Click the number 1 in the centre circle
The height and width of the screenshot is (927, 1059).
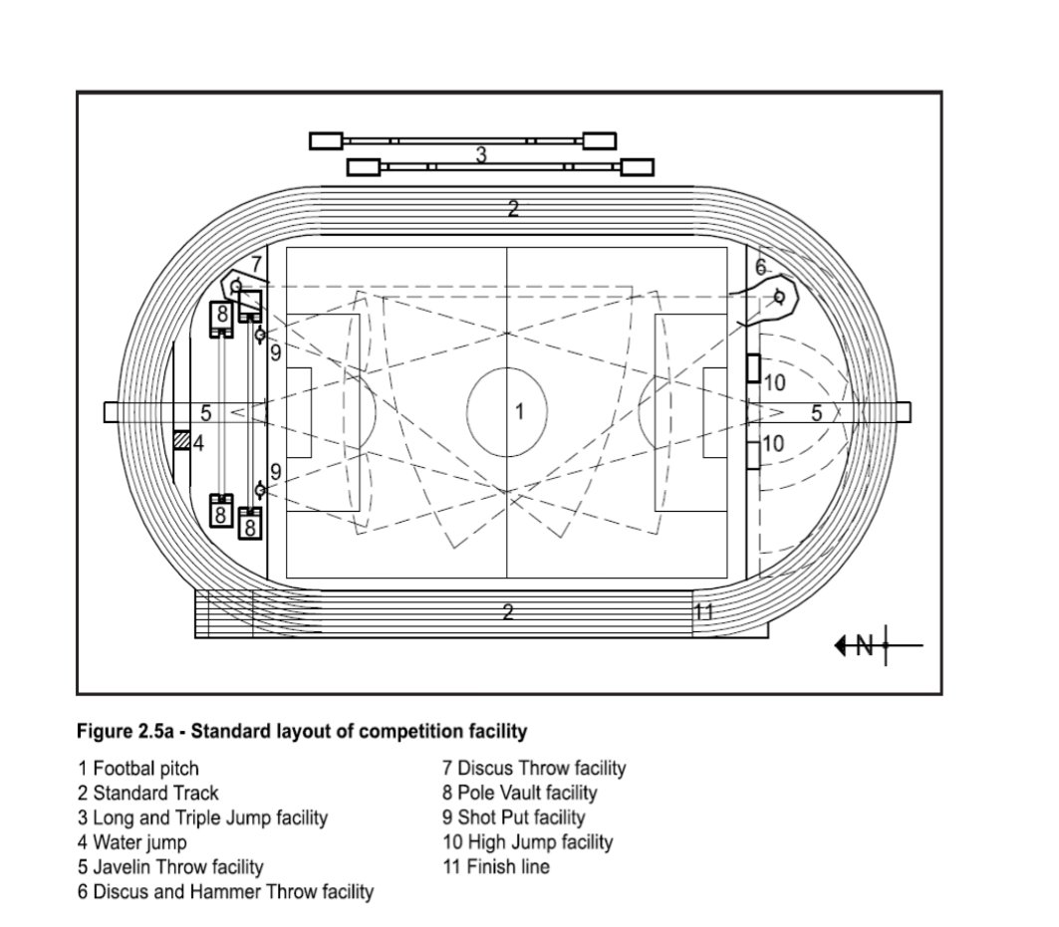(x=519, y=411)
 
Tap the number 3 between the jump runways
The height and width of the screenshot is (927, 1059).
(x=481, y=154)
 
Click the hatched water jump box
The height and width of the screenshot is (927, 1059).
(x=181, y=440)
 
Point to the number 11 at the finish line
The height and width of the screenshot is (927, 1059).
(x=703, y=611)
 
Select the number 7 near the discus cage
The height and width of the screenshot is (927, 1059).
(x=256, y=264)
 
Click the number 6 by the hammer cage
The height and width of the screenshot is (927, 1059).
(x=761, y=268)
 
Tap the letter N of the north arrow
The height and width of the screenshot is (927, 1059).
(x=865, y=645)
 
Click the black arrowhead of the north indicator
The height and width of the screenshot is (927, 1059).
(x=841, y=646)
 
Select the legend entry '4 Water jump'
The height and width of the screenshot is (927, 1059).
(x=132, y=842)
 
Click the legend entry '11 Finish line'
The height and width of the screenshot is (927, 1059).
(x=496, y=866)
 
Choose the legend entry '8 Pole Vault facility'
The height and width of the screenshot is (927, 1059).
(x=520, y=792)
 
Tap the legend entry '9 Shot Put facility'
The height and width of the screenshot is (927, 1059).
(x=514, y=816)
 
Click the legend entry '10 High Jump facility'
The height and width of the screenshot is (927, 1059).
(x=528, y=842)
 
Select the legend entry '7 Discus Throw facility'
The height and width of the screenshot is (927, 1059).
(x=534, y=768)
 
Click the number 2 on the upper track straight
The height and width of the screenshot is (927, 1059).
(x=513, y=209)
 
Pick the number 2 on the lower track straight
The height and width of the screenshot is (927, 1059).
(x=508, y=611)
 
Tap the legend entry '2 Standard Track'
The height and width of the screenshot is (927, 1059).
(x=148, y=793)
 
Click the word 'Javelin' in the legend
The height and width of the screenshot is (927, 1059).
(x=122, y=866)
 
